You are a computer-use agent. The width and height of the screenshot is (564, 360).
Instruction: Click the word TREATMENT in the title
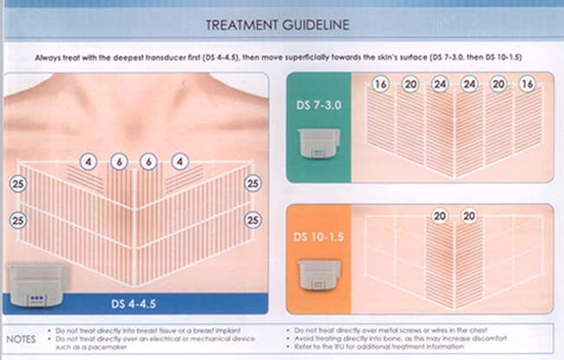[242, 25]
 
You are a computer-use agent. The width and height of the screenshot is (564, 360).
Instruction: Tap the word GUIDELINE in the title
[316, 25]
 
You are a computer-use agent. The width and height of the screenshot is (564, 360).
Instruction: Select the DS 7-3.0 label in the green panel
[318, 105]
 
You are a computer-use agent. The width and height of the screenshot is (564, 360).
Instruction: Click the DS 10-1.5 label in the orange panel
[318, 237]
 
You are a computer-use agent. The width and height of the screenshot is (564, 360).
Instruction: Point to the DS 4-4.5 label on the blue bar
[134, 304]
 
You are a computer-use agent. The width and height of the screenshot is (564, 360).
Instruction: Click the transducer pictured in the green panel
[318, 143]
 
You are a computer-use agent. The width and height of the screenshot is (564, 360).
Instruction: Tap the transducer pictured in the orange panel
[318, 275]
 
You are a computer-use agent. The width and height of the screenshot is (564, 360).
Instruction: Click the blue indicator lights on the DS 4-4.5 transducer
[36, 298]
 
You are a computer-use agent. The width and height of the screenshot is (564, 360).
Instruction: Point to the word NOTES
[21, 339]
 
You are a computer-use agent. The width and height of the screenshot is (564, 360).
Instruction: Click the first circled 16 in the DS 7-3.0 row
[381, 84]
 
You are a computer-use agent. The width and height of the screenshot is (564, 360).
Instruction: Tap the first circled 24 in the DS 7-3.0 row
[440, 84]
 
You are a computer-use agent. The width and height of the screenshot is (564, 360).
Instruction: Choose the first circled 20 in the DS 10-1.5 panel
[440, 216]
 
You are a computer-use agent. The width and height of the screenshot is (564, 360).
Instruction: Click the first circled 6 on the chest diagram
[119, 162]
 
